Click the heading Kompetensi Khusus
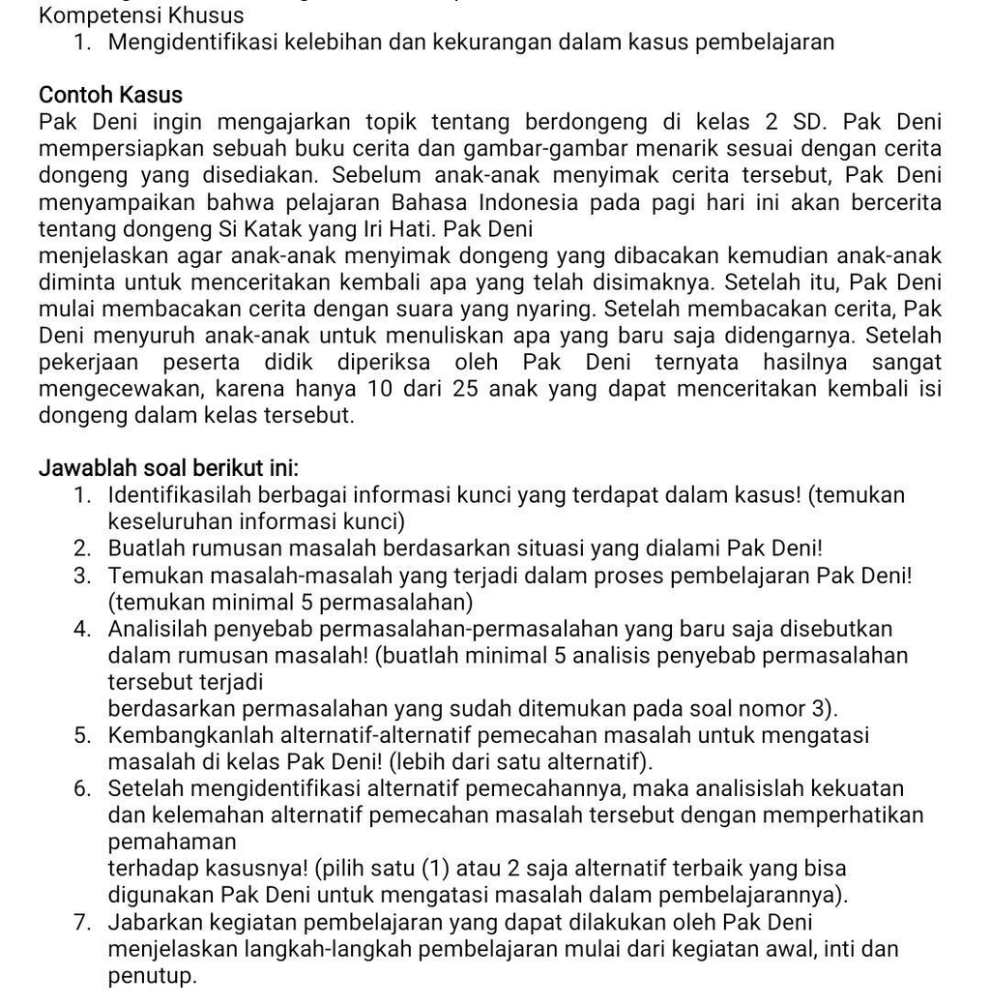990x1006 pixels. [x=141, y=15]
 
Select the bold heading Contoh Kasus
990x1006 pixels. [x=110, y=95]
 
